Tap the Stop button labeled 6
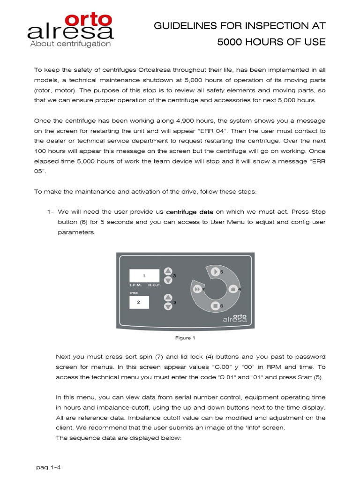[215, 306]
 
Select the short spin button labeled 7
[197, 289]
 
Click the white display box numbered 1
[144, 276]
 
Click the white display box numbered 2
[138, 302]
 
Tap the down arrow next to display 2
[168, 307]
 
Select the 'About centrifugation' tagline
[70, 44]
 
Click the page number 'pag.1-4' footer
[49, 467]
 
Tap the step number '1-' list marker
[51, 212]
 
